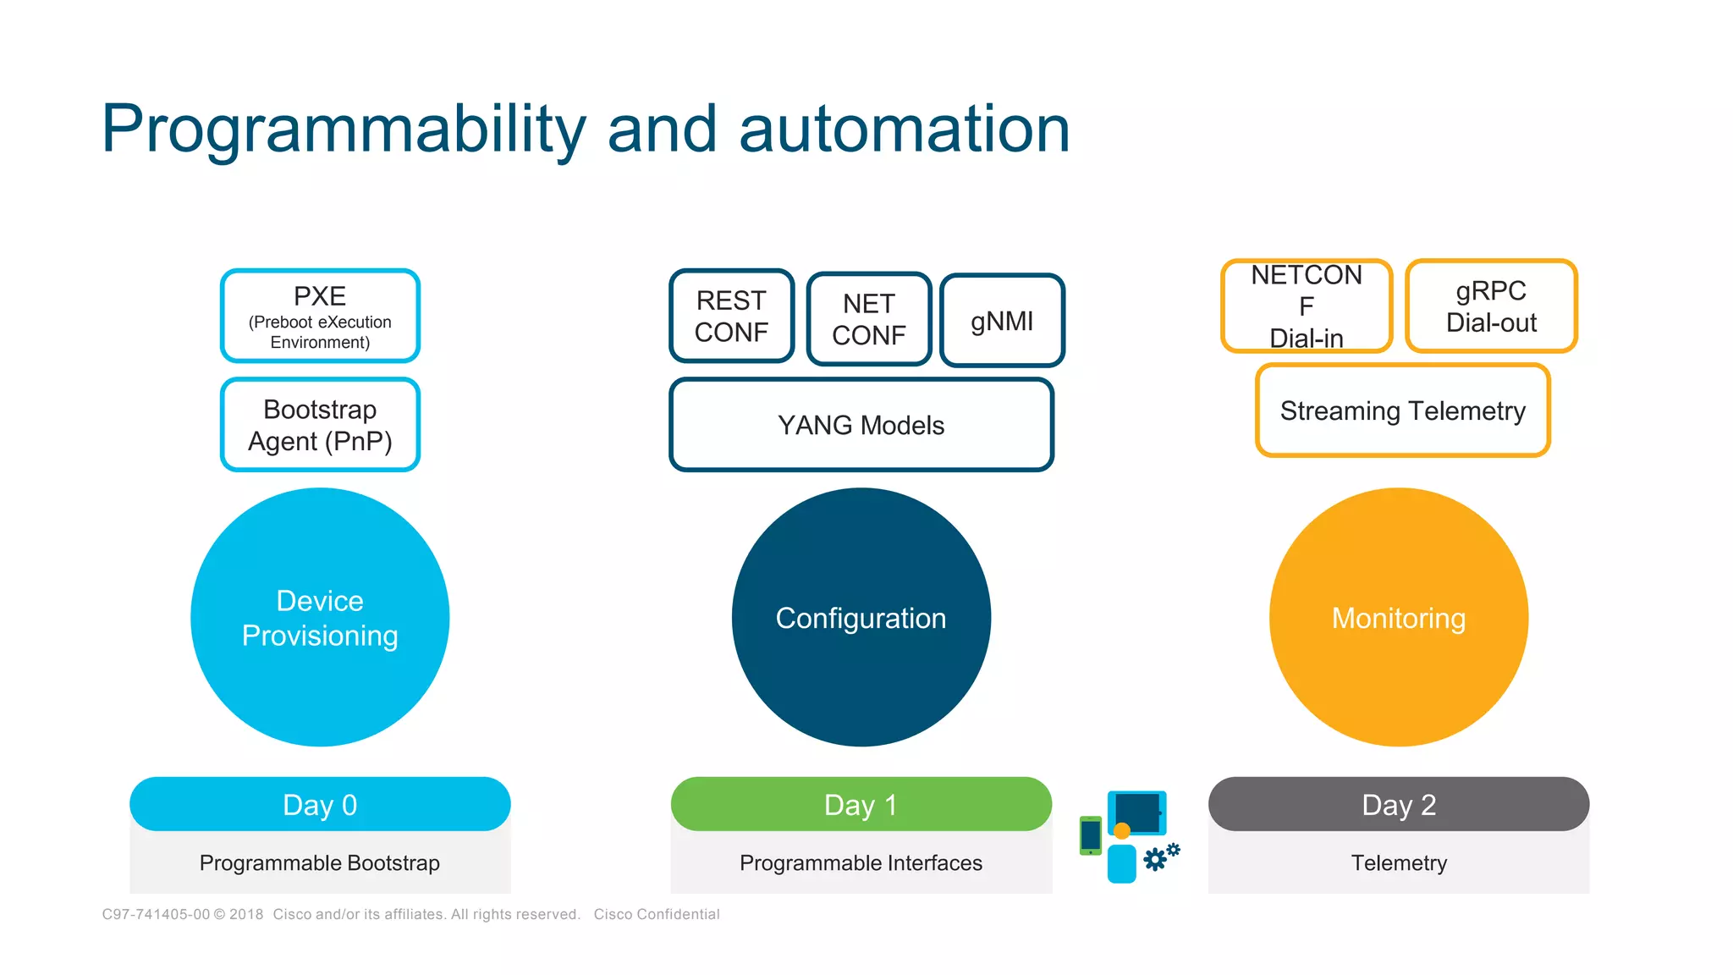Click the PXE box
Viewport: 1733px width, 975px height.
320,316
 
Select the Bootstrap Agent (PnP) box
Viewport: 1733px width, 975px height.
320,425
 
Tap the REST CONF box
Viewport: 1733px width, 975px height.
731,316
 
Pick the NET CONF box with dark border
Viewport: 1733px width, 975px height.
869,319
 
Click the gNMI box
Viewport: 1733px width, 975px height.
1002,321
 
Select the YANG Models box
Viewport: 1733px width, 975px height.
861,425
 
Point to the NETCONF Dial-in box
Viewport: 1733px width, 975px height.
1307,306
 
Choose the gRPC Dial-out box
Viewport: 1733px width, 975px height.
1491,306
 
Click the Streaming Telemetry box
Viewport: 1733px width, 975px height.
1402,410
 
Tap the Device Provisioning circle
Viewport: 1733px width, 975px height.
320,617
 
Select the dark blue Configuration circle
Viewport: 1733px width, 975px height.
861,617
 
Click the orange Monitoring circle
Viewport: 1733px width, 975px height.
1398,617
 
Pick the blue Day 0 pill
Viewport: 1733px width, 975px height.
320,804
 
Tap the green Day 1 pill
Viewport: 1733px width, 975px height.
861,804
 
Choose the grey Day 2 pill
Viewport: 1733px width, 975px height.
1398,804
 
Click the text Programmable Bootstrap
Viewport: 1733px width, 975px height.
320,862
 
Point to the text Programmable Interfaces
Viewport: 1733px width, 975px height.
861,862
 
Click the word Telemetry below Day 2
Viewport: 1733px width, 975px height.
1398,862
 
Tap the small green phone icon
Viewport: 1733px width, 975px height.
1091,835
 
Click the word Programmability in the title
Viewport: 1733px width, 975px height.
343,129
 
